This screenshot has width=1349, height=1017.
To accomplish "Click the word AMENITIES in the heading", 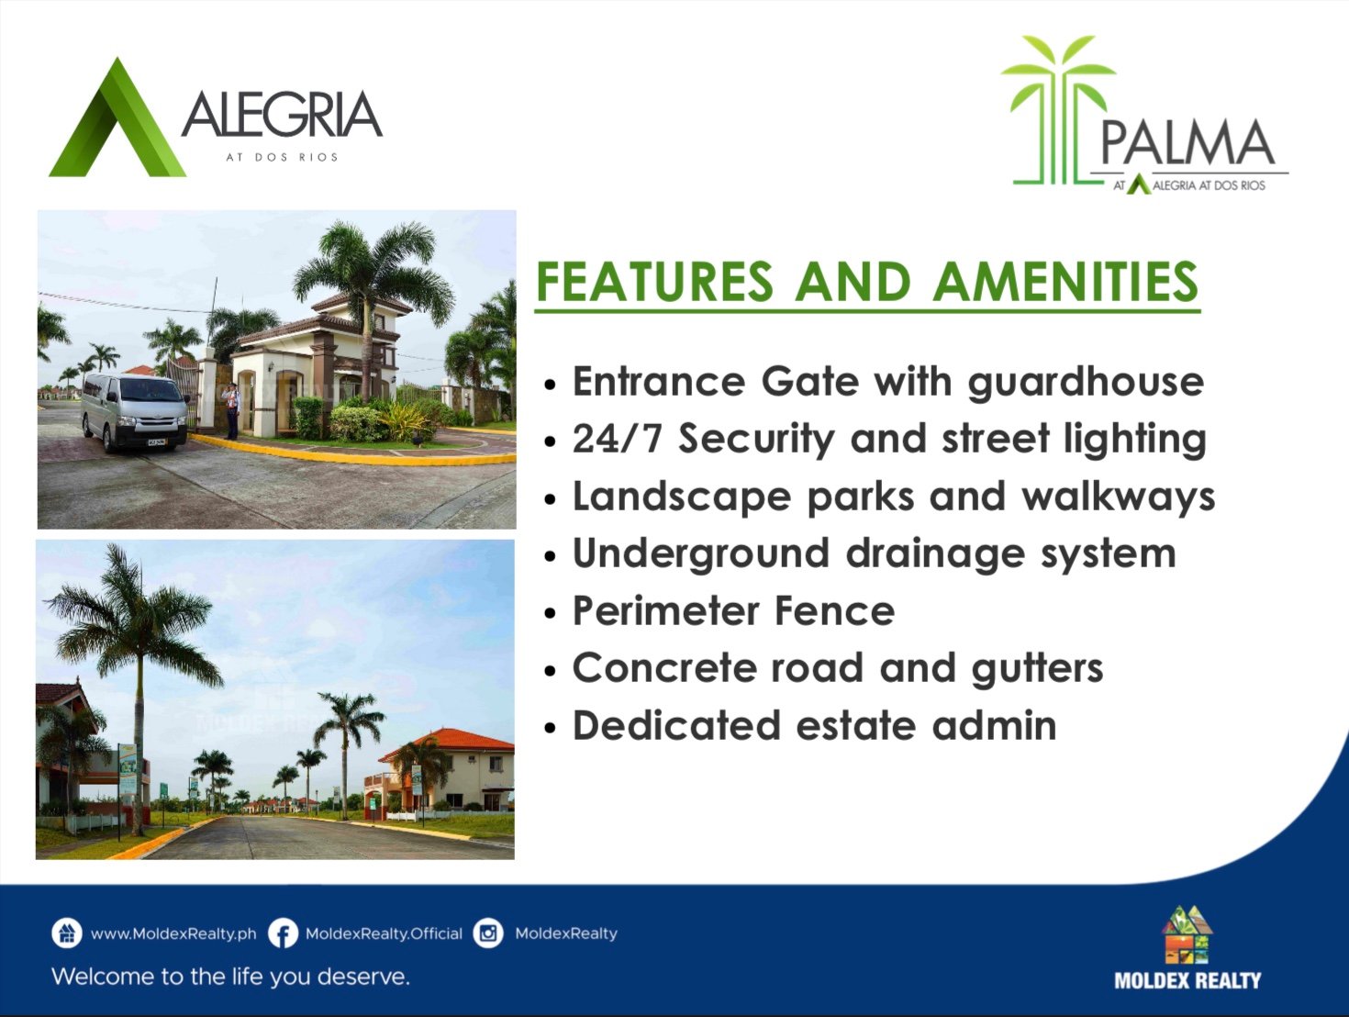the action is click(1065, 281).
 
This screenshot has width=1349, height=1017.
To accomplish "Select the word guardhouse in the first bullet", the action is click(1086, 383).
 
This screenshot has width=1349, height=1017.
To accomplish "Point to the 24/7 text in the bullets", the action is click(617, 439).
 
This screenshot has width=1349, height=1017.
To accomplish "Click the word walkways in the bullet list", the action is click(1119, 497).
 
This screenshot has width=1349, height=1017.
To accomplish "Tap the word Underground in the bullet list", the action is click(701, 554).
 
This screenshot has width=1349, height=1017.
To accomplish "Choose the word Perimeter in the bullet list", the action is click(664, 610).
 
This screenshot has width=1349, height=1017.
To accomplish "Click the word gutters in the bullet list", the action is click(1037, 668).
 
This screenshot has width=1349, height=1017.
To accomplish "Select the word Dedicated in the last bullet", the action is click(676, 725).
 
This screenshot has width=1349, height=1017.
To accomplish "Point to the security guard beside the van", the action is click(230, 410).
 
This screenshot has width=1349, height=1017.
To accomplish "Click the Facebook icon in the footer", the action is click(283, 933).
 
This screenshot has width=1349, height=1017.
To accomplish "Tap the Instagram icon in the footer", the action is click(488, 933).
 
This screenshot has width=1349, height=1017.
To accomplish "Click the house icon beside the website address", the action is click(66, 933).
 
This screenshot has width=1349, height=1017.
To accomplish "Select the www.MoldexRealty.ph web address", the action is click(173, 934).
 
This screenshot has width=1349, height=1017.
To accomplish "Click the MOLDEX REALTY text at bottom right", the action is click(1187, 980).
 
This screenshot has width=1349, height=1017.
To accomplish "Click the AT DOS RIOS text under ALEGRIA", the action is click(282, 157).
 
